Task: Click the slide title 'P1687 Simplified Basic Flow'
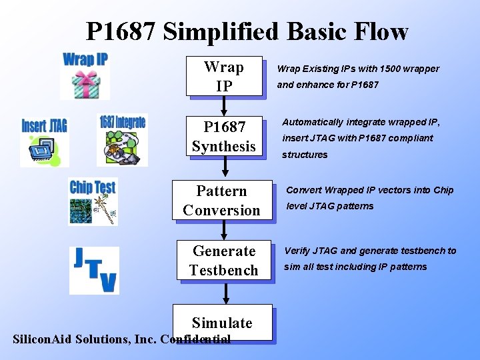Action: coord(247,31)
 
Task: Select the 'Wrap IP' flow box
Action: coord(224,76)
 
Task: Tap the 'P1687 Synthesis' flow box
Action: coord(224,137)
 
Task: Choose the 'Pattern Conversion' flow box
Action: coord(222,201)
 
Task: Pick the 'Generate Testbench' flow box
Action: coord(224,260)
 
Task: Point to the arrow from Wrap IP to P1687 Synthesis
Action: coord(224,106)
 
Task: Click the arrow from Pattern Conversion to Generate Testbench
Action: coord(224,229)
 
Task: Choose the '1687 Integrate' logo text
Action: coord(122,122)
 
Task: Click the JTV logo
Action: coord(94,270)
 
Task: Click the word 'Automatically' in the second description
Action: coord(313,122)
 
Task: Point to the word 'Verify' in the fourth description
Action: coord(297,251)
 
